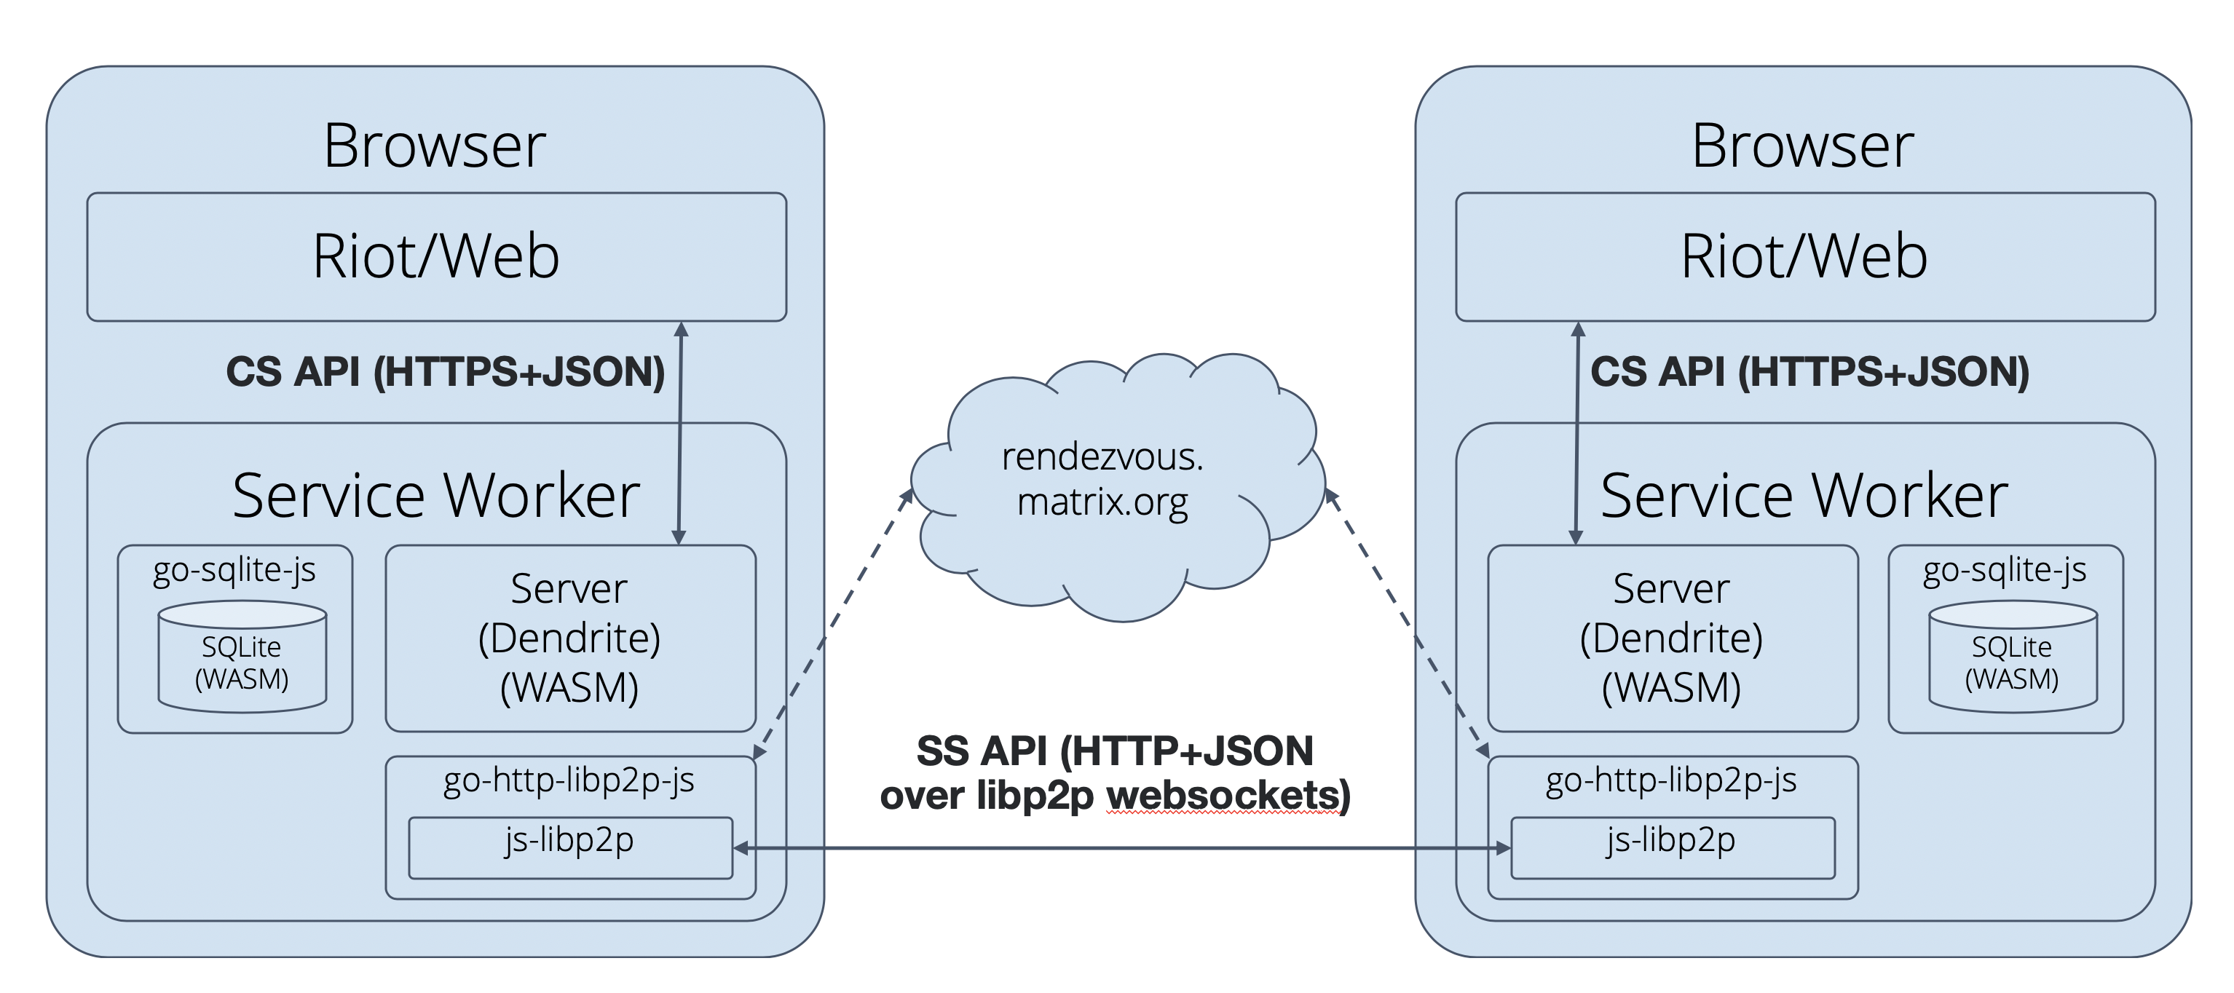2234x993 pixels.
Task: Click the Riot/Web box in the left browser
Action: point(436,257)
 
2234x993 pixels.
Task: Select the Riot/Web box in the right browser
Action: point(1804,257)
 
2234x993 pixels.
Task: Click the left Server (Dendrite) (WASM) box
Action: point(569,638)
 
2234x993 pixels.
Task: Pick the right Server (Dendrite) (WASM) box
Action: point(1671,638)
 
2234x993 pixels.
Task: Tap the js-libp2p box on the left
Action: point(569,847)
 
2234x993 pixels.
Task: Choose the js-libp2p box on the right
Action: point(1671,847)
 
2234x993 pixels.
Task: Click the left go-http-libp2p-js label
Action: point(569,780)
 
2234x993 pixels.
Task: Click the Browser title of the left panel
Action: point(435,146)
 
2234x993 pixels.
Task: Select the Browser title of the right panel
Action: point(1802,146)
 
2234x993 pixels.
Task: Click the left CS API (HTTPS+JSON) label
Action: point(445,372)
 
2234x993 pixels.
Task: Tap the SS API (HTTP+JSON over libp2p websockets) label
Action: point(1116,772)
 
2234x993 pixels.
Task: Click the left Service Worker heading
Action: point(435,496)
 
